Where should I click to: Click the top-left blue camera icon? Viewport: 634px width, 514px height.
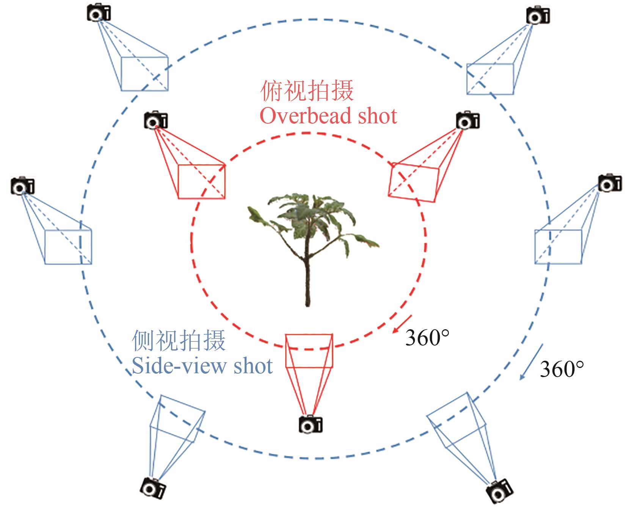(x=99, y=13)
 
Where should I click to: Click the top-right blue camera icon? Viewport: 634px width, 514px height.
(x=538, y=16)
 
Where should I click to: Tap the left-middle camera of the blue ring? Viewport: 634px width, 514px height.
(x=23, y=185)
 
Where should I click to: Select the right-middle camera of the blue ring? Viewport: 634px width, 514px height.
(x=610, y=183)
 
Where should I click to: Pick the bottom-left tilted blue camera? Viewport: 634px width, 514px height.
(x=153, y=488)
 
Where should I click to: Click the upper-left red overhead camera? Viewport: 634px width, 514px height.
(x=155, y=120)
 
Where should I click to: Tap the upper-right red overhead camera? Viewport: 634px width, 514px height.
(x=467, y=120)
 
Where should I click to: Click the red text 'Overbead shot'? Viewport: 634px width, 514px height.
(x=328, y=116)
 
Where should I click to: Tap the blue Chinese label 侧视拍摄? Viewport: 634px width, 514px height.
(x=179, y=340)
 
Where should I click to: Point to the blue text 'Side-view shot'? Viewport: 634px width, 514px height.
(x=202, y=366)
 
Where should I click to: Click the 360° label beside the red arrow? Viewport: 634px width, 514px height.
(x=427, y=337)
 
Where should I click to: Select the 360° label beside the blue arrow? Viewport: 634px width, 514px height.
(x=562, y=368)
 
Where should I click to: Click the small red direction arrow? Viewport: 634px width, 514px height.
(x=402, y=324)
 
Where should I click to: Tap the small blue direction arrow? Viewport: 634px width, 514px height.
(x=531, y=362)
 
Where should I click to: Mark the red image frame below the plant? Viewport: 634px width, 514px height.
(x=309, y=351)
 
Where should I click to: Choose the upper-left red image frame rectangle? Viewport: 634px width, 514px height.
(x=201, y=181)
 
